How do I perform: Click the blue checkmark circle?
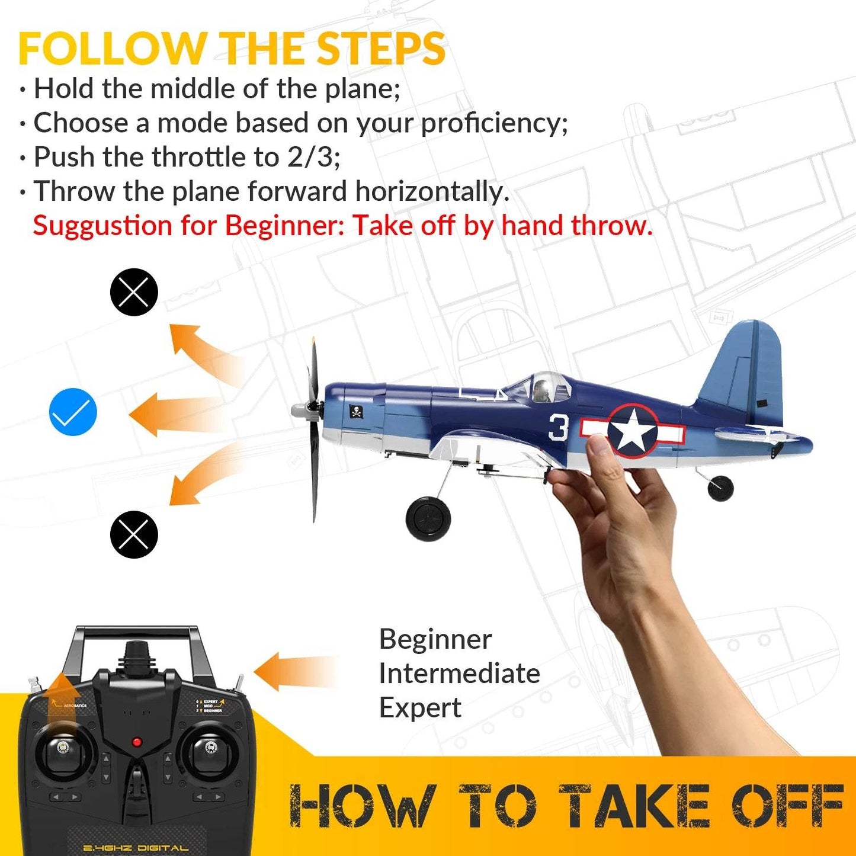tap(73, 412)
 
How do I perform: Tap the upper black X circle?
tap(134, 292)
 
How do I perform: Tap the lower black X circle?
tap(134, 534)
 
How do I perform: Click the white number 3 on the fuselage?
tap(559, 427)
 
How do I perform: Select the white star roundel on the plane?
tap(633, 431)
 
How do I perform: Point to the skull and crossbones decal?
tap(357, 411)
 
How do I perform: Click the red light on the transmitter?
tap(137, 742)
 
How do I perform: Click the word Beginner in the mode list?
tap(435, 639)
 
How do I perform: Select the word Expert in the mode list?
tap(420, 708)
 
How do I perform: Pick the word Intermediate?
tap(459, 674)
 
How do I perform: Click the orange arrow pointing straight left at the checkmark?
tap(172, 413)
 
